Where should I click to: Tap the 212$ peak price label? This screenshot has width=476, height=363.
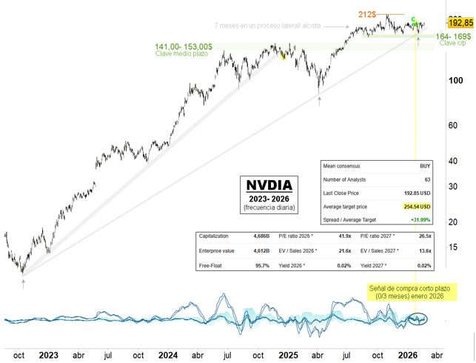coord(368,14)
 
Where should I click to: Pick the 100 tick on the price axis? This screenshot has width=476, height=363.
coord(457,80)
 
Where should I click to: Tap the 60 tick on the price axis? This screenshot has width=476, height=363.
coord(457,124)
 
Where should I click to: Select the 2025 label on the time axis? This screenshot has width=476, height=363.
coord(289,354)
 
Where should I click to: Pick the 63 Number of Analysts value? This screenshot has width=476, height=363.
coord(428,180)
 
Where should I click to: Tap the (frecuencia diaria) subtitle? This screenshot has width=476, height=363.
coord(269,209)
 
